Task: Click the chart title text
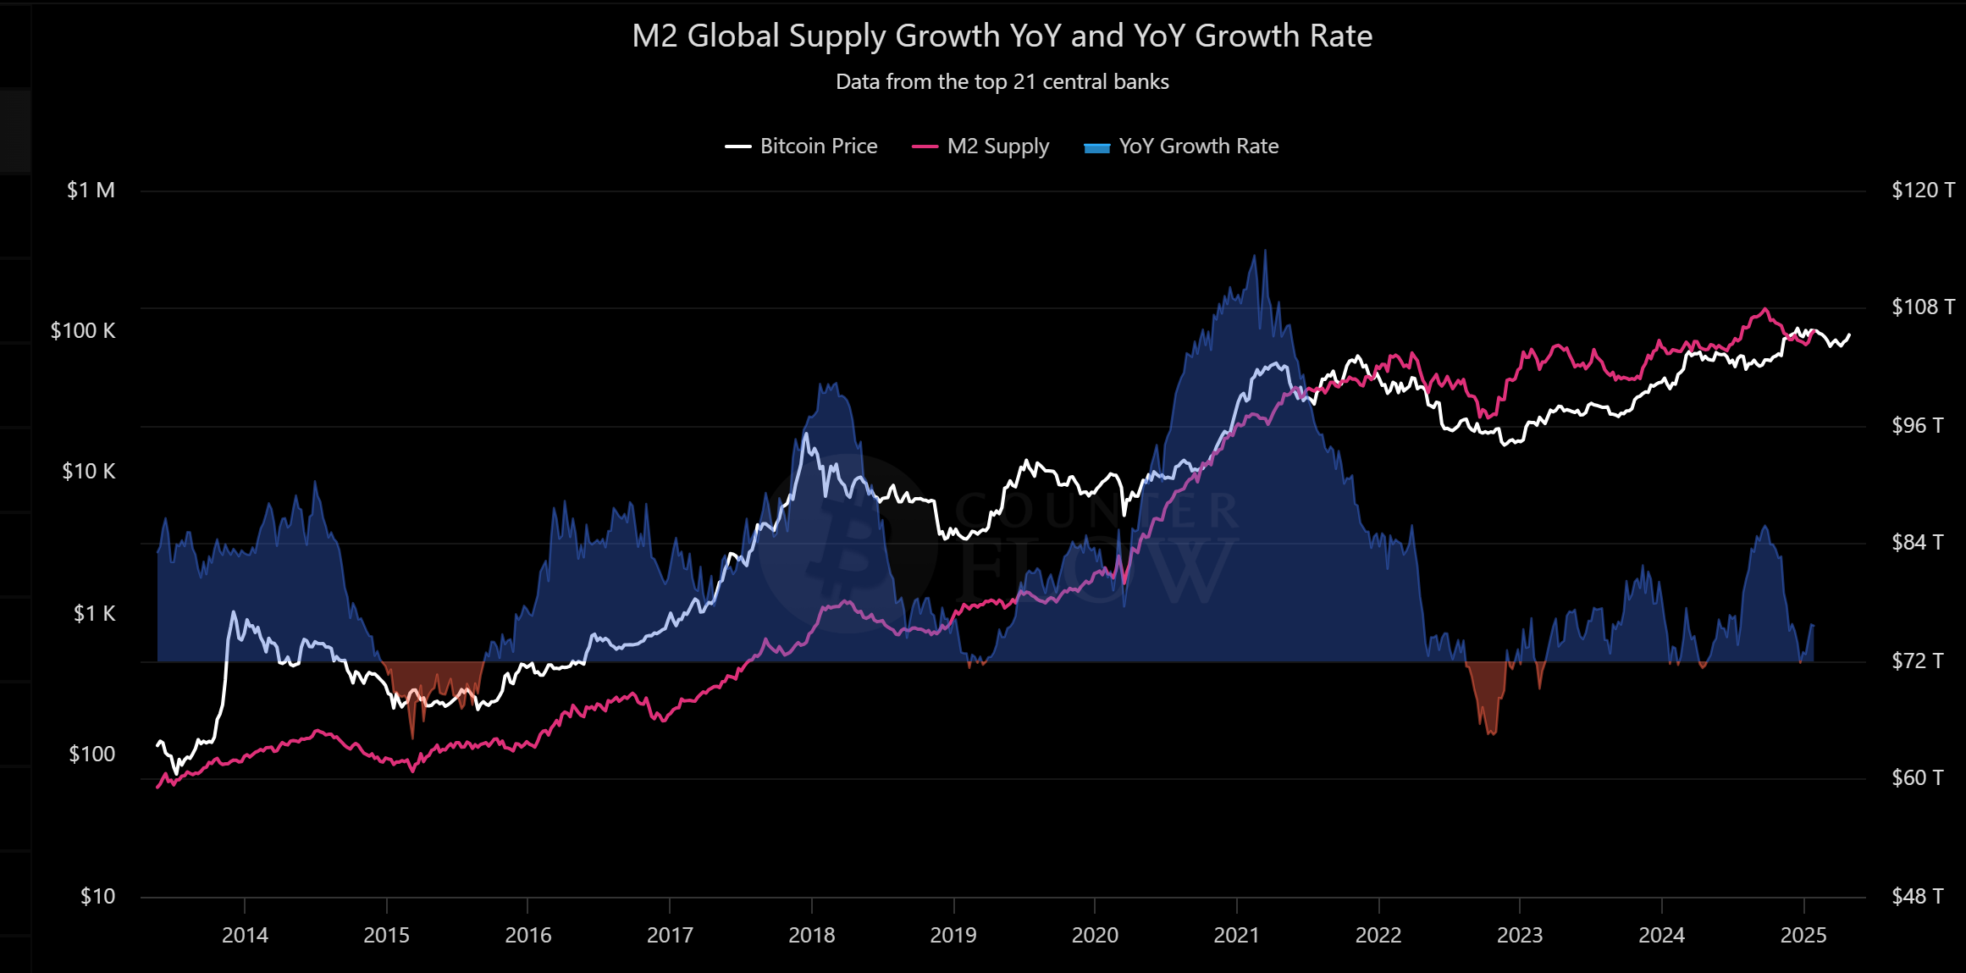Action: point(1002,36)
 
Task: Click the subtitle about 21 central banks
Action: point(1002,82)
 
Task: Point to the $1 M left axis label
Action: point(91,191)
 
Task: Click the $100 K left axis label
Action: point(83,331)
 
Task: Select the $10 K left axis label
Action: point(88,472)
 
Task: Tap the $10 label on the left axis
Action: point(97,896)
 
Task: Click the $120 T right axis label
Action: point(1923,191)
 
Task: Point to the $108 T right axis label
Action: point(1923,307)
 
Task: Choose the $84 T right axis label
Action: point(1917,542)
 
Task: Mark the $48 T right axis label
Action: point(1917,896)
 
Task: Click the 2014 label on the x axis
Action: point(245,936)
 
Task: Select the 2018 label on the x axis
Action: point(811,936)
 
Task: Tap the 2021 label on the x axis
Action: point(1236,936)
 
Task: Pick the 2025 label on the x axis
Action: point(1803,936)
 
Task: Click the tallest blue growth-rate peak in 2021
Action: point(1265,252)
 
